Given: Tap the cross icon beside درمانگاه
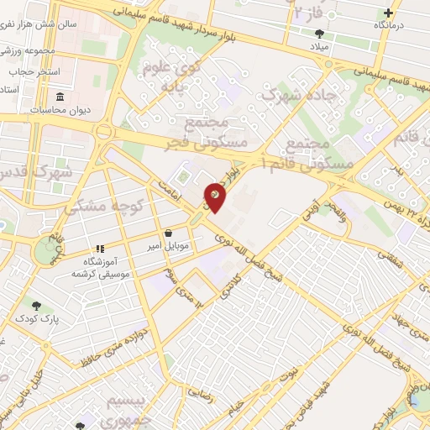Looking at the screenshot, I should [388, 13].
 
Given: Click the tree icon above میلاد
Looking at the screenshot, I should [319, 34].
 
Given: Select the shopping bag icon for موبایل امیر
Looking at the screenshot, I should [170, 232].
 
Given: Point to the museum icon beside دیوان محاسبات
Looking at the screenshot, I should [59, 96].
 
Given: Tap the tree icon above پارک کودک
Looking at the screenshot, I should [35, 305].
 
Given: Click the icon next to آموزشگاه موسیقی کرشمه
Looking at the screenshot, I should [100, 249].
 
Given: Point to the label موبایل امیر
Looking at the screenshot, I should [170, 246].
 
